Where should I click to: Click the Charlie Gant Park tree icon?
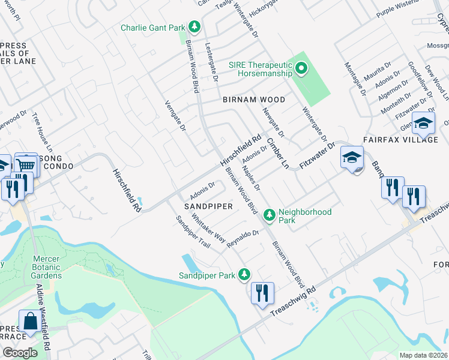pos(194,27)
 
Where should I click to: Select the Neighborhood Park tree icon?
pos(270,214)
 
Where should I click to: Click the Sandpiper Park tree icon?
pos(244,275)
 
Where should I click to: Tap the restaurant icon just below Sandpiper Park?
pos(262,293)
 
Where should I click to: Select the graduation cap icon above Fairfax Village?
pos(424,123)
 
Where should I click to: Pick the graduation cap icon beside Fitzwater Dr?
pos(352,158)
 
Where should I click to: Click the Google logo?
pos(20,352)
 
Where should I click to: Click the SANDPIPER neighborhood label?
pos(208,205)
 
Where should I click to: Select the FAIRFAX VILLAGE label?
pos(400,139)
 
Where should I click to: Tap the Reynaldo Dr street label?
pos(243,237)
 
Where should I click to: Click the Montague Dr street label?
pos(355,79)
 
